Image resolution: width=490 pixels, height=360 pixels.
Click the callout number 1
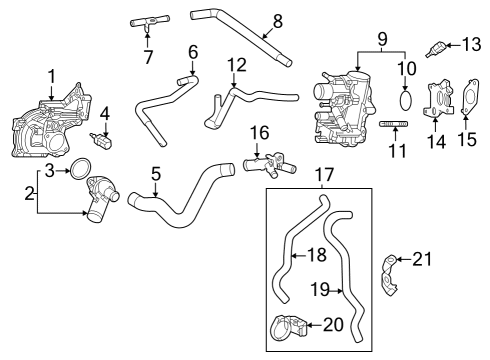(52, 75)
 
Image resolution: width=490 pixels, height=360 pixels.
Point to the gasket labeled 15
(469, 103)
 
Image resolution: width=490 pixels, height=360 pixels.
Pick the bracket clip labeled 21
(393, 274)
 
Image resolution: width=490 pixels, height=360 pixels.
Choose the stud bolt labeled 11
(395, 123)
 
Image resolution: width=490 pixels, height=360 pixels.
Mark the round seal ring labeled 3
(82, 171)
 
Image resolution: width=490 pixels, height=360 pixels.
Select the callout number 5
(155, 174)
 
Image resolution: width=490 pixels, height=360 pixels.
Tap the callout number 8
(277, 20)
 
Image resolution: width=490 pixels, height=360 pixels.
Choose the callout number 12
(236, 65)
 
